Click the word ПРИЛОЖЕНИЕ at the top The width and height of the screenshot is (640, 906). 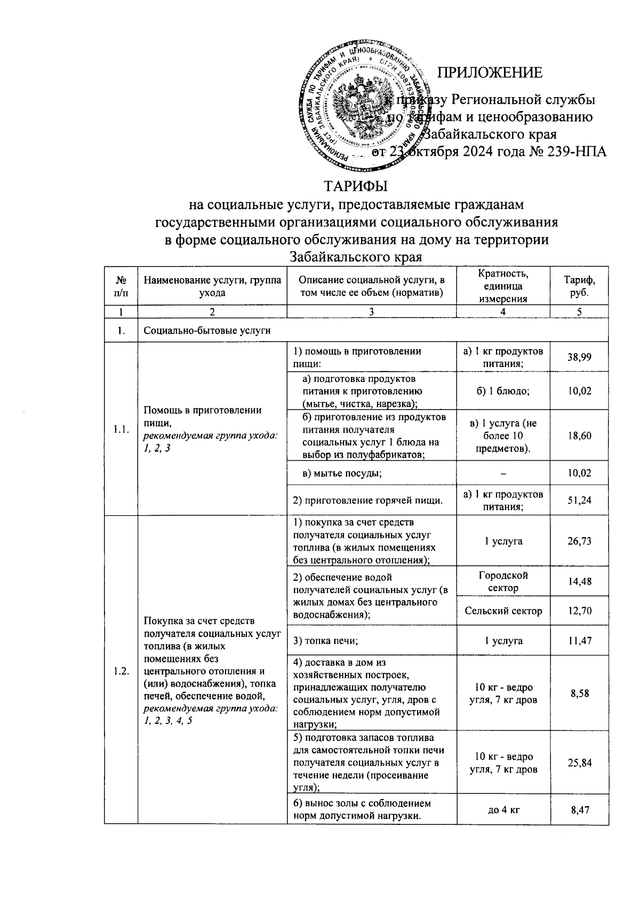[490, 73]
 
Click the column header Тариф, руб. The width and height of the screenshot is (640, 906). [579, 286]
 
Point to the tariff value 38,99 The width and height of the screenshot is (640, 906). [579, 357]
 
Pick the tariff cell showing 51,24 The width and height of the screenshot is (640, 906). [579, 500]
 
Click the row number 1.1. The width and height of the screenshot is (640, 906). [121, 429]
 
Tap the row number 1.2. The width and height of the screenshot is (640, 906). [121, 671]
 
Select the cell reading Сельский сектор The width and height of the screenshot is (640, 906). [503, 611]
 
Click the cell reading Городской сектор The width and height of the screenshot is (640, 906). [503, 581]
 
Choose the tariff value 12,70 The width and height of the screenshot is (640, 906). [579, 611]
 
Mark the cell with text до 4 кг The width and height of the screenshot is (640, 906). [503, 810]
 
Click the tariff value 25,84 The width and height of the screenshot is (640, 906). [579, 763]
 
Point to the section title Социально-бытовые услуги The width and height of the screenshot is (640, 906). [207, 330]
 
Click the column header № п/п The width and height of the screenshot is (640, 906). [121, 286]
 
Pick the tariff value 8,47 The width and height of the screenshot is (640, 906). [579, 810]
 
